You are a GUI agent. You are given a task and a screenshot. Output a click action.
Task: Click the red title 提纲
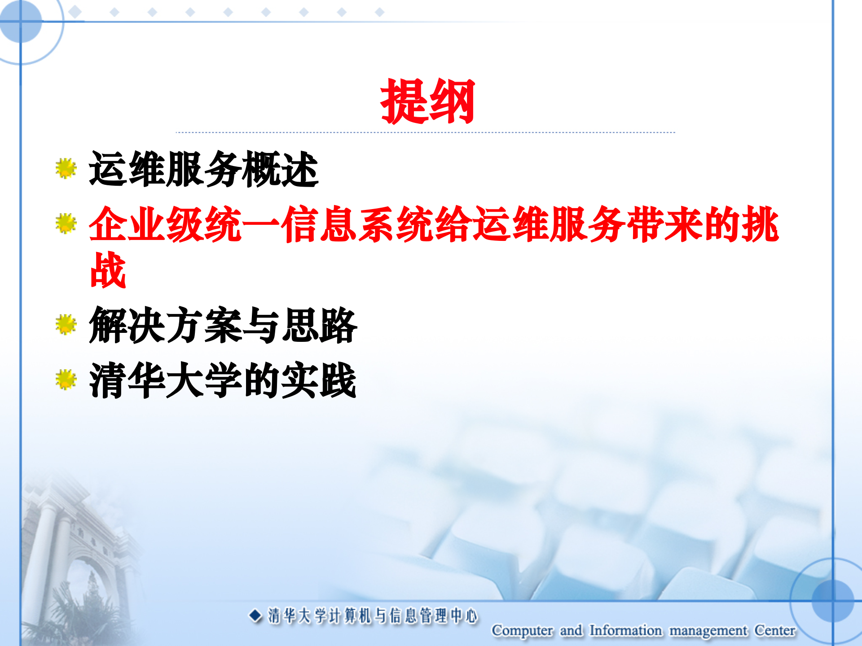(427, 101)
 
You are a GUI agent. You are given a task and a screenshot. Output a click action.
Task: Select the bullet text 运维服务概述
(204, 169)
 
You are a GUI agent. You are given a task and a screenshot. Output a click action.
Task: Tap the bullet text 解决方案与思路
(223, 325)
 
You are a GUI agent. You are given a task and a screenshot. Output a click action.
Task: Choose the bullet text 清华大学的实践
(223, 380)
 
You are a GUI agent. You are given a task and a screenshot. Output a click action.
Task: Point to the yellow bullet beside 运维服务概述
(66, 168)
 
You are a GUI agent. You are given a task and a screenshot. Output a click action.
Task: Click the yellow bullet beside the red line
(66, 223)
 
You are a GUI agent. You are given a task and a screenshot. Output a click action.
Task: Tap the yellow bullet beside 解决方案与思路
(66, 324)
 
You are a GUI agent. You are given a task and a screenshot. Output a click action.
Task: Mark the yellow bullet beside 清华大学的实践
(66, 380)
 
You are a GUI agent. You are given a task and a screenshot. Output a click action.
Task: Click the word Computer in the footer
(522, 630)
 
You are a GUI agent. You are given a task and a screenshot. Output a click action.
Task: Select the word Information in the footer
(625, 630)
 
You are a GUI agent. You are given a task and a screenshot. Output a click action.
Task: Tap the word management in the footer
(708, 631)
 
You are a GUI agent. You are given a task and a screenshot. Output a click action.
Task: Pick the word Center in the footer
(775, 630)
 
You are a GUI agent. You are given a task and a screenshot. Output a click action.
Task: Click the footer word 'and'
(571, 630)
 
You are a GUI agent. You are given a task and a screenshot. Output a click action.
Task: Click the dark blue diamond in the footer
(255, 615)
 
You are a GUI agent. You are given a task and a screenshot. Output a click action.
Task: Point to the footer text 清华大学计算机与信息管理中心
(373, 616)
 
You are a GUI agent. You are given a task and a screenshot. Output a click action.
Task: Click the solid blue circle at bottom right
(833, 601)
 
